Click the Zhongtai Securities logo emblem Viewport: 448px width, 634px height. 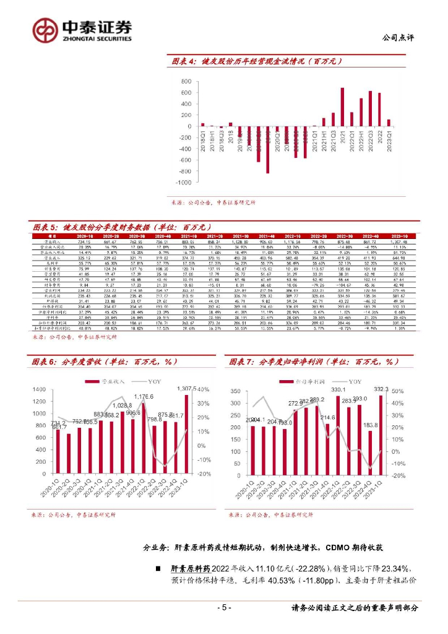click(x=45, y=29)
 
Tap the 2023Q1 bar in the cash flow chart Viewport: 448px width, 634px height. click(x=389, y=123)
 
